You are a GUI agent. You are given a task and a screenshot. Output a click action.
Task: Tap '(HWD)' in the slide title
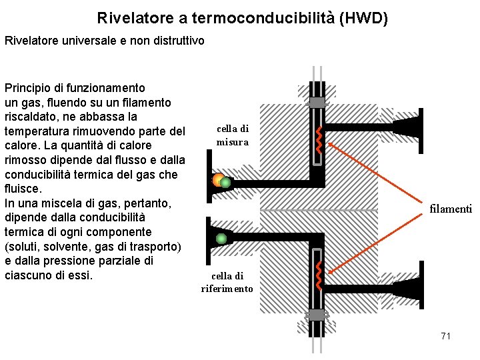[x=363, y=18]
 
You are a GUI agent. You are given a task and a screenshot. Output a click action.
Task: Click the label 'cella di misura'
[x=232, y=135]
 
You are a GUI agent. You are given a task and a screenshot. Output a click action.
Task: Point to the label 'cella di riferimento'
[x=227, y=282]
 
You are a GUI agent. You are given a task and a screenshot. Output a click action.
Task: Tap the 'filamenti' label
[x=450, y=209]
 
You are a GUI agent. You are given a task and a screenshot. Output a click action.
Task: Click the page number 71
[x=445, y=336]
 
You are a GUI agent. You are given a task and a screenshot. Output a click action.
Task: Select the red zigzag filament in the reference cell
[x=319, y=275]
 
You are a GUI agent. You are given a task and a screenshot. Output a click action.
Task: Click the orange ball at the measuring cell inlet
[x=217, y=179]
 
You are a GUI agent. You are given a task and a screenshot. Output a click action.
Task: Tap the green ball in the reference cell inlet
[x=221, y=239]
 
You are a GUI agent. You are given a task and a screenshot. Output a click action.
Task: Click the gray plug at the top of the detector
[x=317, y=102]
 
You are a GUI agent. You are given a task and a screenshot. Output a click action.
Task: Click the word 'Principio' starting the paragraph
[x=27, y=88]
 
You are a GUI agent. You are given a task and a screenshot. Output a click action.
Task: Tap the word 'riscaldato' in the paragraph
[x=31, y=117]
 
